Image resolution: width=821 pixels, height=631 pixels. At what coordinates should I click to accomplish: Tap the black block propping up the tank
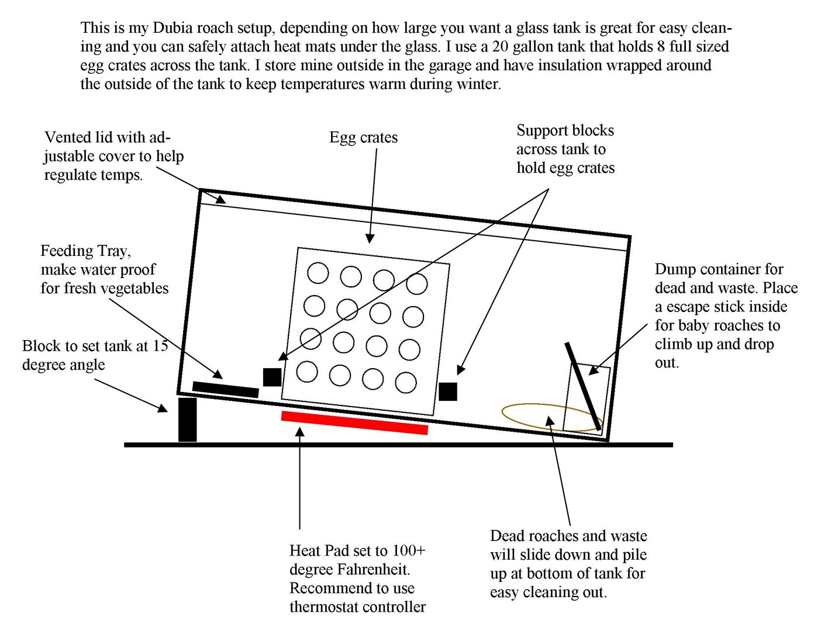187,419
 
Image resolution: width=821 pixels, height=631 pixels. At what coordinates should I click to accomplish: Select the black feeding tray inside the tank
225,390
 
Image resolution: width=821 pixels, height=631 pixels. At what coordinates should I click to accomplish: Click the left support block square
272,377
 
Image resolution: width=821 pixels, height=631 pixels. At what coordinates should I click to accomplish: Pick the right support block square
448,391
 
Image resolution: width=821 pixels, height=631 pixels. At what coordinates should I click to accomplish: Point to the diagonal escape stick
583,386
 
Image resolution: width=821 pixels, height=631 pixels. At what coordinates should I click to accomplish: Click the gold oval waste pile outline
544,417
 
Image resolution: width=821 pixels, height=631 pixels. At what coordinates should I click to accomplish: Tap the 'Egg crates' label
363,138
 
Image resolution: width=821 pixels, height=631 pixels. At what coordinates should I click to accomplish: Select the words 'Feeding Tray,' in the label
85,251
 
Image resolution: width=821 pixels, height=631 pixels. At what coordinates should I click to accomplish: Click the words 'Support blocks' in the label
565,130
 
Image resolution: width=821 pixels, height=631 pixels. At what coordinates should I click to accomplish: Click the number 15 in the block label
160,346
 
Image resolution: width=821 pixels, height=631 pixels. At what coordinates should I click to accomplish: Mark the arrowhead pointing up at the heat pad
300,432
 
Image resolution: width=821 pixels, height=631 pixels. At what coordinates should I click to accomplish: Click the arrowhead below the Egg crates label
370,238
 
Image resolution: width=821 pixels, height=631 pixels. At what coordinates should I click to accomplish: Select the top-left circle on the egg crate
318,273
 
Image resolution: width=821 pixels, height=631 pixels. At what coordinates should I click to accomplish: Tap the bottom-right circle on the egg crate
406,383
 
